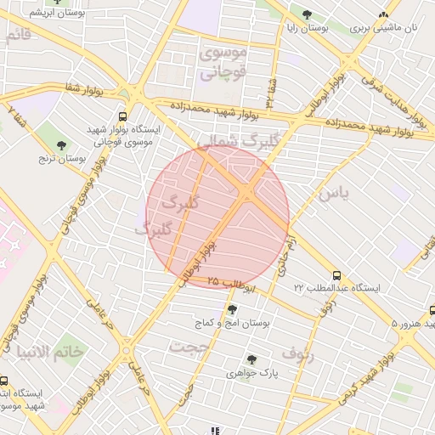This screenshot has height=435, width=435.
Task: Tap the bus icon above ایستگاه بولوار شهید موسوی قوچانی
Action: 123,116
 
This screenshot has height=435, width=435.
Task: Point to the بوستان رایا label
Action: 306,28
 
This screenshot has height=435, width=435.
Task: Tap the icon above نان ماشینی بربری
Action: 384,14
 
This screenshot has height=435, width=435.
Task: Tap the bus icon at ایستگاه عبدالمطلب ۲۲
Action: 337,275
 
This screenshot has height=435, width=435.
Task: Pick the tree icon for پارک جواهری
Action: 251,359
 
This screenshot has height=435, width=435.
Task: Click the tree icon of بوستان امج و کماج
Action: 232,309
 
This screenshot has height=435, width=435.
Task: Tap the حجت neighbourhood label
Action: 189,347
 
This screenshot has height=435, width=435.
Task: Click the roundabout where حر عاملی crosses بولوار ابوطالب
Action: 127,349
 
